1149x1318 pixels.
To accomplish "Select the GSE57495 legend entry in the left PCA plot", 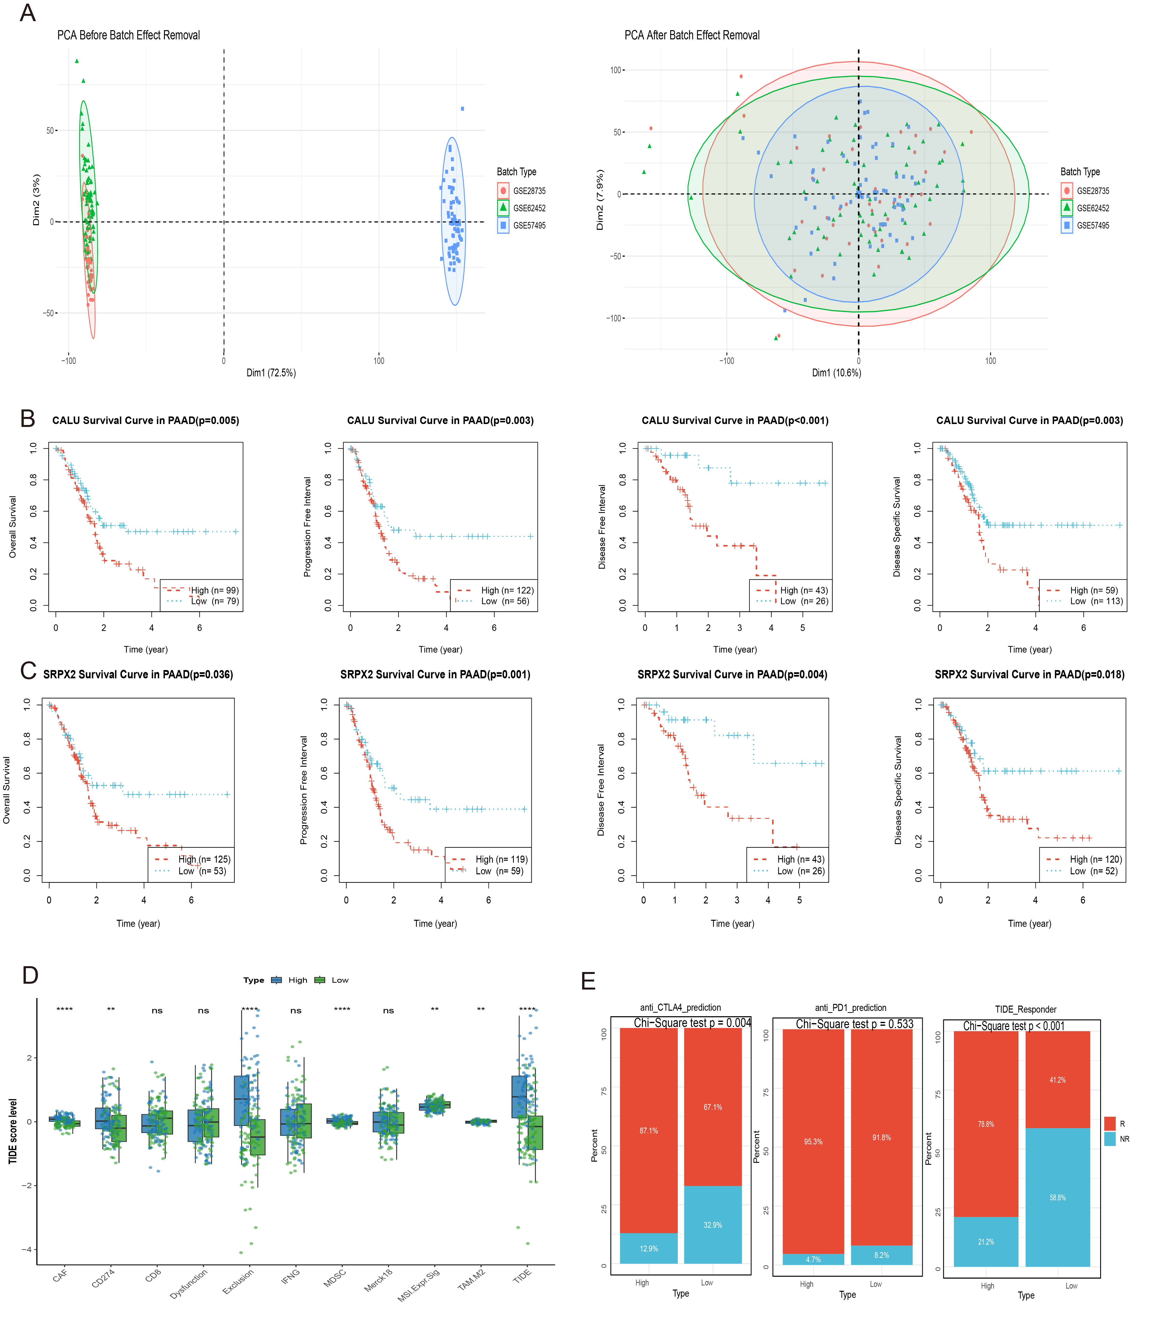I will [x=529, y=226].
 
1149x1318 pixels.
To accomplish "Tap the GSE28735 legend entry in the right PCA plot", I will [x=1093, y=191].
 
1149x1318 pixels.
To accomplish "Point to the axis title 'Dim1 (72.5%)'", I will [x=271, y=373].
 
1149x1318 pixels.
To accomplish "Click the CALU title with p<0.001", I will [x=735, y=421].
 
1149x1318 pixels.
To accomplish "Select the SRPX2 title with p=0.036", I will [x=138, y=675].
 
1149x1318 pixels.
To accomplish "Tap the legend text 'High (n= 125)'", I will [x=204, y=859].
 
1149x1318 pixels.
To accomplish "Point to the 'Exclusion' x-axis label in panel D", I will [x=238, y=1282].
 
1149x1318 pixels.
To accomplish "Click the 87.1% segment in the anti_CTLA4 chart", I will [x=648, y=1131].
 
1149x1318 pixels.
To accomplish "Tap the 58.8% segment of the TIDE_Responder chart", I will [x=1057, y=1198].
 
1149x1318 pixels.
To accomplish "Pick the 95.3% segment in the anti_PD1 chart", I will [x=813, y=1142].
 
